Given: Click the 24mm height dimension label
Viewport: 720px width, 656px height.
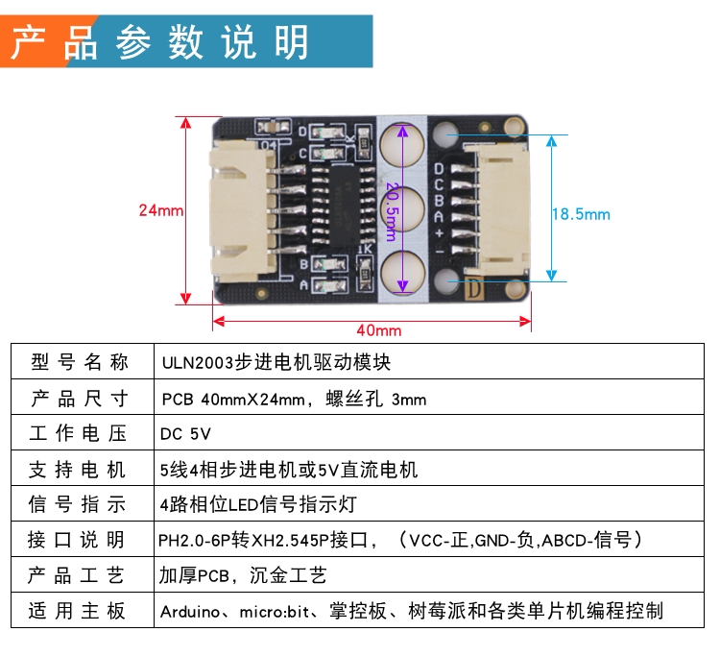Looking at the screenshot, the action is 160,210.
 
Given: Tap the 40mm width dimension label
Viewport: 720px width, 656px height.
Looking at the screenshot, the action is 379,330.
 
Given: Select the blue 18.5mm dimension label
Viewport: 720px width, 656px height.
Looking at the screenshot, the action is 581,214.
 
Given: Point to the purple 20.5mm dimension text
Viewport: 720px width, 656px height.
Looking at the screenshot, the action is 392,211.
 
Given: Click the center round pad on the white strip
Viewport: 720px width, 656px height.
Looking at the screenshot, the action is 402,207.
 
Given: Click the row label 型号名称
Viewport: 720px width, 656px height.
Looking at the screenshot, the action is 80,362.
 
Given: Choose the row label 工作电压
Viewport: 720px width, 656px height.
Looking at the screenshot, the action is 78,433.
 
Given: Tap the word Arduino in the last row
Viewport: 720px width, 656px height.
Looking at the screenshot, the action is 190,612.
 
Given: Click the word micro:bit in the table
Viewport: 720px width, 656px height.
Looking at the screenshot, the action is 275,612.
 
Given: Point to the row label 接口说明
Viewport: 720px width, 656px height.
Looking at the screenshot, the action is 76,540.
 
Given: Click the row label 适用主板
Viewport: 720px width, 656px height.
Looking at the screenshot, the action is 76,611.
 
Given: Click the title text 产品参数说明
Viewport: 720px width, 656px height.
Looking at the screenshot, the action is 159,42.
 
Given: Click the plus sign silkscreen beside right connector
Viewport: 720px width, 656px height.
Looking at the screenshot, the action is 440,232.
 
